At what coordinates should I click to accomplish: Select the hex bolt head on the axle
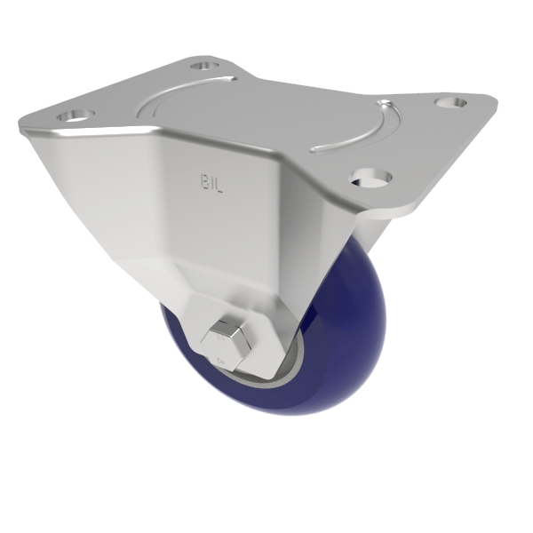229,344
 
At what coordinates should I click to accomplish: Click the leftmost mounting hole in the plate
74,116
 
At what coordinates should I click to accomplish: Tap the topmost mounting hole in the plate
204,65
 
